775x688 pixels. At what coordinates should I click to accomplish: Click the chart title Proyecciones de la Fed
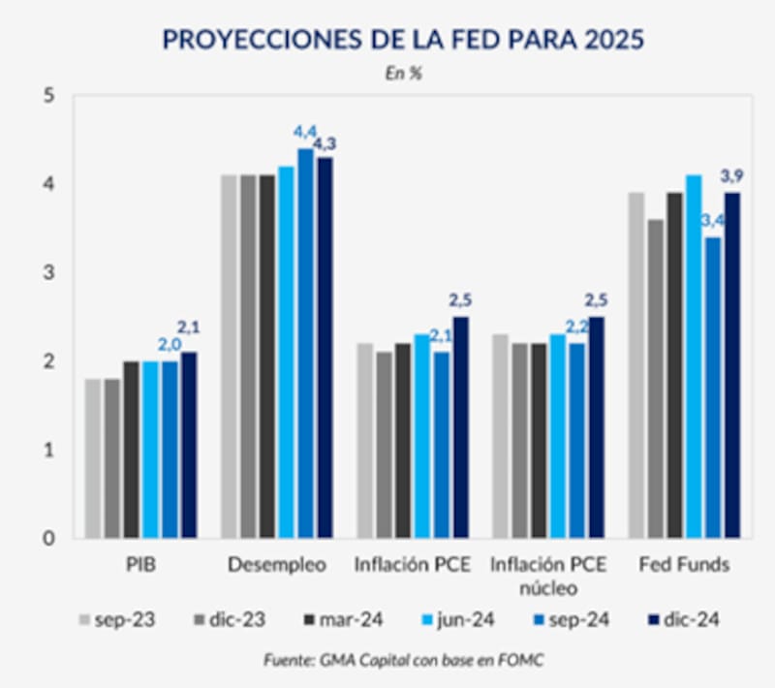coord(403,40)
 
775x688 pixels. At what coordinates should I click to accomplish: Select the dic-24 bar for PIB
coord(189,445)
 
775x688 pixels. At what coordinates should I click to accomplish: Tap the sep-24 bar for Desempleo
coord(305,343)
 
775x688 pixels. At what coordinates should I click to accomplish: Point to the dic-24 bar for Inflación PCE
coord(460,426)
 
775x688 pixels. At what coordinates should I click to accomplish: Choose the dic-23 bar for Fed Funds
coord(656,378)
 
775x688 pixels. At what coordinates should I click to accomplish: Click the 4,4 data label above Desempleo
coord(304,132)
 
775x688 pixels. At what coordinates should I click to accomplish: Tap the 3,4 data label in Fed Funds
coord(713,222)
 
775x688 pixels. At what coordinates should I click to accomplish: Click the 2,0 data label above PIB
coord(169,344)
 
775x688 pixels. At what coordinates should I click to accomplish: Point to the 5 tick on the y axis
coord(49,95)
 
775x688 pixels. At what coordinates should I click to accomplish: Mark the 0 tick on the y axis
coord(49,538)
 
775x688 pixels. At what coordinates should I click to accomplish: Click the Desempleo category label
coord(276,564)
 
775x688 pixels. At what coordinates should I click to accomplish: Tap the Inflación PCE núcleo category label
coord(547,576)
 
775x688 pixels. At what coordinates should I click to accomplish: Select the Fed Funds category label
coord(683,564)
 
